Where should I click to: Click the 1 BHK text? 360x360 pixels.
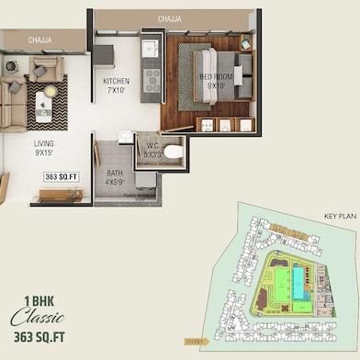(39, 299)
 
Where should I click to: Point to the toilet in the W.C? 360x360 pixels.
(174, 150)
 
